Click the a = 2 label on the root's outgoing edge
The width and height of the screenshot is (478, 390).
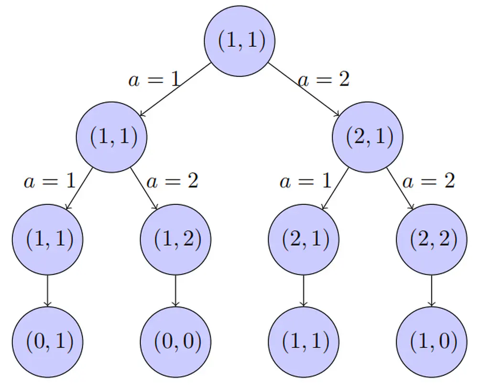click(x=324, y=79)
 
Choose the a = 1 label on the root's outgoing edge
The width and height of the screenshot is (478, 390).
click(x=154, y=79)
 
